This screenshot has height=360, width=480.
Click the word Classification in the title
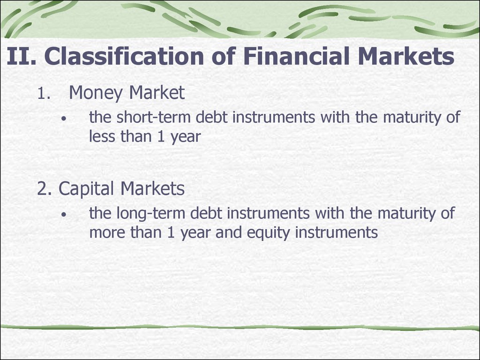point(124,56)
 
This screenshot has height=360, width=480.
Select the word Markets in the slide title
point(406,56)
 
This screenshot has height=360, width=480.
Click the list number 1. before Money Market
point(44,93)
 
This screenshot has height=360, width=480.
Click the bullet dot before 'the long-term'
point(63,215)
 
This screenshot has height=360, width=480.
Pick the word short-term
point(154,117)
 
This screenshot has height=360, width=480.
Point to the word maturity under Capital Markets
point(407,214)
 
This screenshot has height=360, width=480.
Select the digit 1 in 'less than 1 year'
point(161,137)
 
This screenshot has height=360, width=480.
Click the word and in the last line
point(229,232)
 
